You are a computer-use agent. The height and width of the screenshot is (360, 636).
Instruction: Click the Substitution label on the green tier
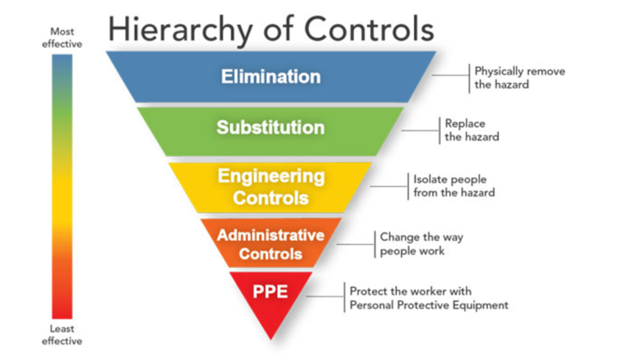[270, 129]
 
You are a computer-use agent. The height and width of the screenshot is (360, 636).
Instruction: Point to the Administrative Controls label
[270, 243]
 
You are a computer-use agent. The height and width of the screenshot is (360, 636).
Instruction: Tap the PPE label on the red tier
[270, 291]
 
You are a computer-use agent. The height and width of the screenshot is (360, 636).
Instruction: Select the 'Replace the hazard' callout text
[471, 129]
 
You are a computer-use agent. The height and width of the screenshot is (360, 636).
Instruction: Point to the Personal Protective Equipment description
[429, 298]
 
